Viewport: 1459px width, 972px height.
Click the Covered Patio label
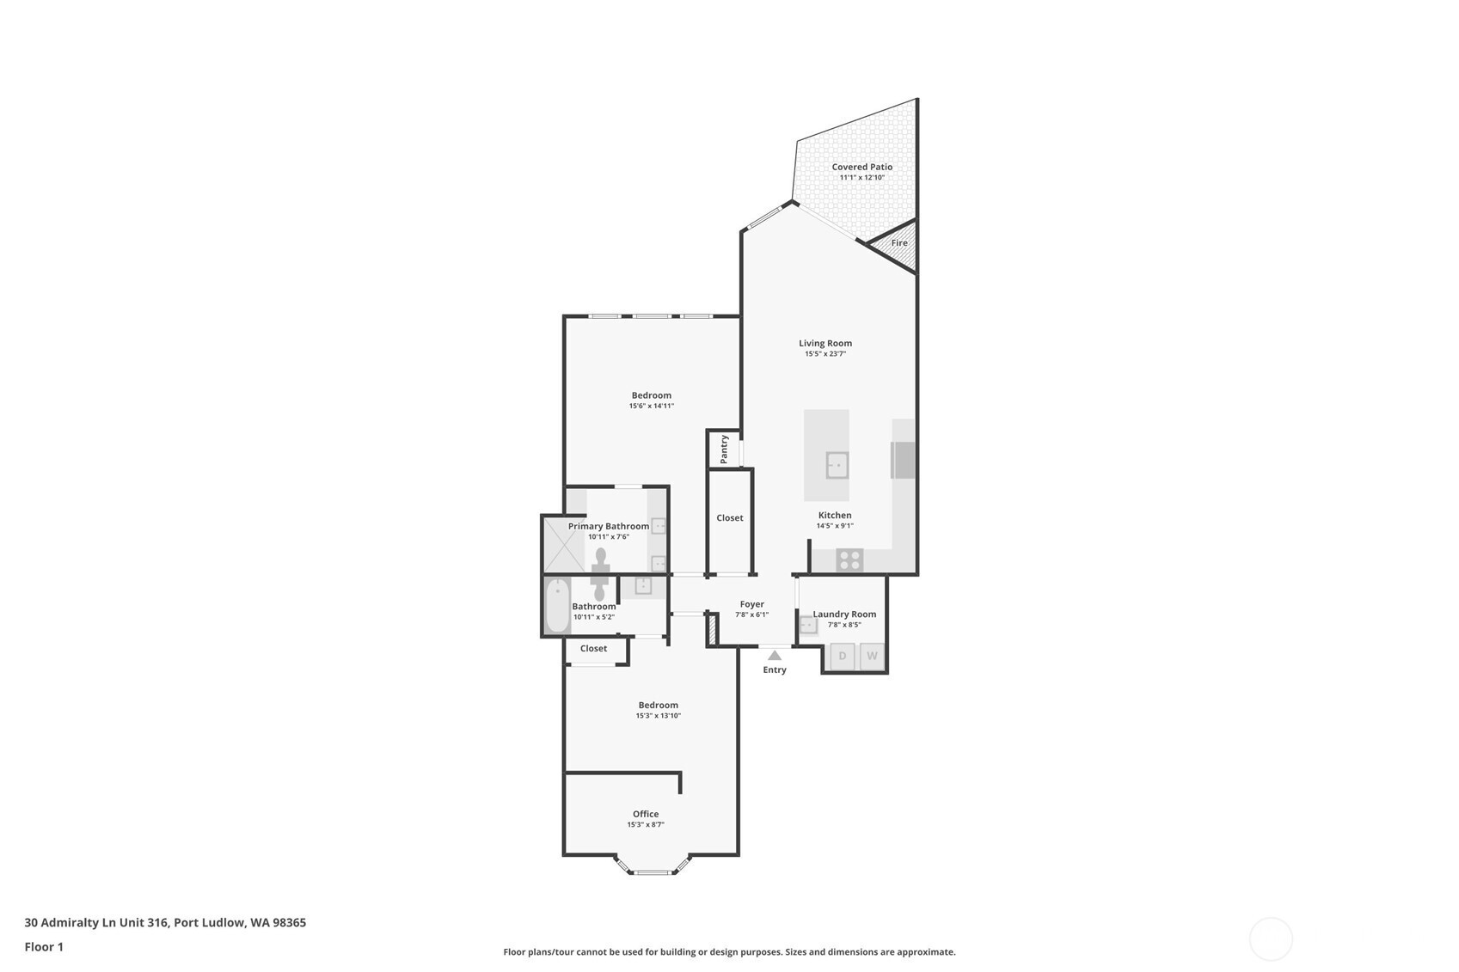point(861,168)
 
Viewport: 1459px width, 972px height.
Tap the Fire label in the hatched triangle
point(898,243)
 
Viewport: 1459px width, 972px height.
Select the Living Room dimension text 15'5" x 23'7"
point(825,354)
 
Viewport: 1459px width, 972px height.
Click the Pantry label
point(724,449)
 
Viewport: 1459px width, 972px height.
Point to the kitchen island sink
point(837,466)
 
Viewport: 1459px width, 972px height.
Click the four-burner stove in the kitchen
point(850,559)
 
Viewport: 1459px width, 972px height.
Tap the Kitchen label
point(834,515)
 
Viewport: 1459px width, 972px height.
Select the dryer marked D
point(843,657)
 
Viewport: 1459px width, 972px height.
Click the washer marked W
point(872,657)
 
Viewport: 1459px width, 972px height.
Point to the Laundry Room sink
point(808,626)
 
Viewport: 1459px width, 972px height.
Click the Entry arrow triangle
point(775,656)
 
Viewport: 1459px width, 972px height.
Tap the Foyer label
point(751,604)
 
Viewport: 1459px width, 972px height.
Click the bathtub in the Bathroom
point(557,606)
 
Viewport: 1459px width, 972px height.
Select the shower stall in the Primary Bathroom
point(564,544)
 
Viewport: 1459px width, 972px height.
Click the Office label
point(646,814)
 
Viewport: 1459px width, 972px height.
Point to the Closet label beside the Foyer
point(729,518)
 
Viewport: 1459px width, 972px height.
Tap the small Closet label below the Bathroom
point(593,649)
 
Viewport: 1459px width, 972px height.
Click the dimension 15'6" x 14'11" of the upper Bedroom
point(652,407)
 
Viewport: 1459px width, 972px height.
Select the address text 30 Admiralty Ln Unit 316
point(97,922)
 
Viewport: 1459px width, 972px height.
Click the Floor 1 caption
point(44,947)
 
